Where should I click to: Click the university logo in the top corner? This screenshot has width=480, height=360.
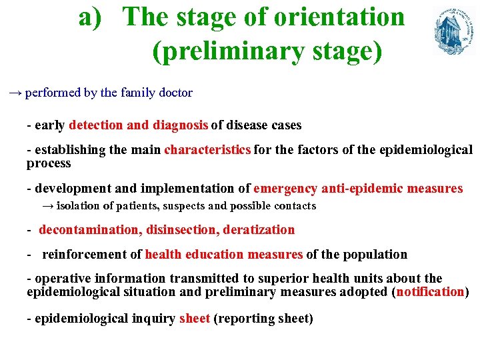(455, 31)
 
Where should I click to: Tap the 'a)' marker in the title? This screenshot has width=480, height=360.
(93, 17)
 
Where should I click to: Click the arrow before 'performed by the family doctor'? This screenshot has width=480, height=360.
(15, 93)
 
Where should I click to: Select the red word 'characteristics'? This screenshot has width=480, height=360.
(207, 150)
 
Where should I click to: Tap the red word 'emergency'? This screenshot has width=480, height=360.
(285, 189)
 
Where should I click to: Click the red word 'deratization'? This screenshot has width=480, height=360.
(259, 230)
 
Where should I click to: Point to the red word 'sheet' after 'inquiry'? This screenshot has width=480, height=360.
(195, 319)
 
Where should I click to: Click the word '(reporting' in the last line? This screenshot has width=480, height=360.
(243, 319)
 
